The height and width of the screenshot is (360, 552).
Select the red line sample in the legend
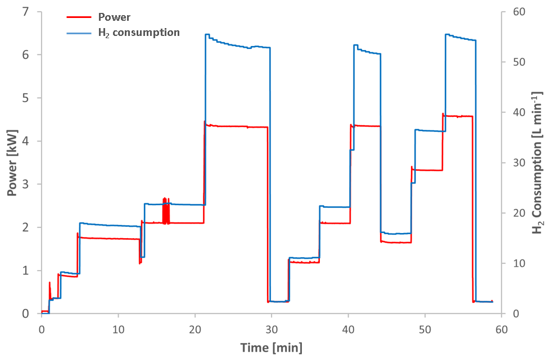(78, 17)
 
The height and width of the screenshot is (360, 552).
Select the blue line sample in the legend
(78, 33)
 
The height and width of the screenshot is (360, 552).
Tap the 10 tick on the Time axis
(118, 327)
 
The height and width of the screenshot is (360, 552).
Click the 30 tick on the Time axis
(272, 327)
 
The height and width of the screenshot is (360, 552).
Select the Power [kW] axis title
(12, 163)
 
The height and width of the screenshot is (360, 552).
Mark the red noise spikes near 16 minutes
(165, 210)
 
